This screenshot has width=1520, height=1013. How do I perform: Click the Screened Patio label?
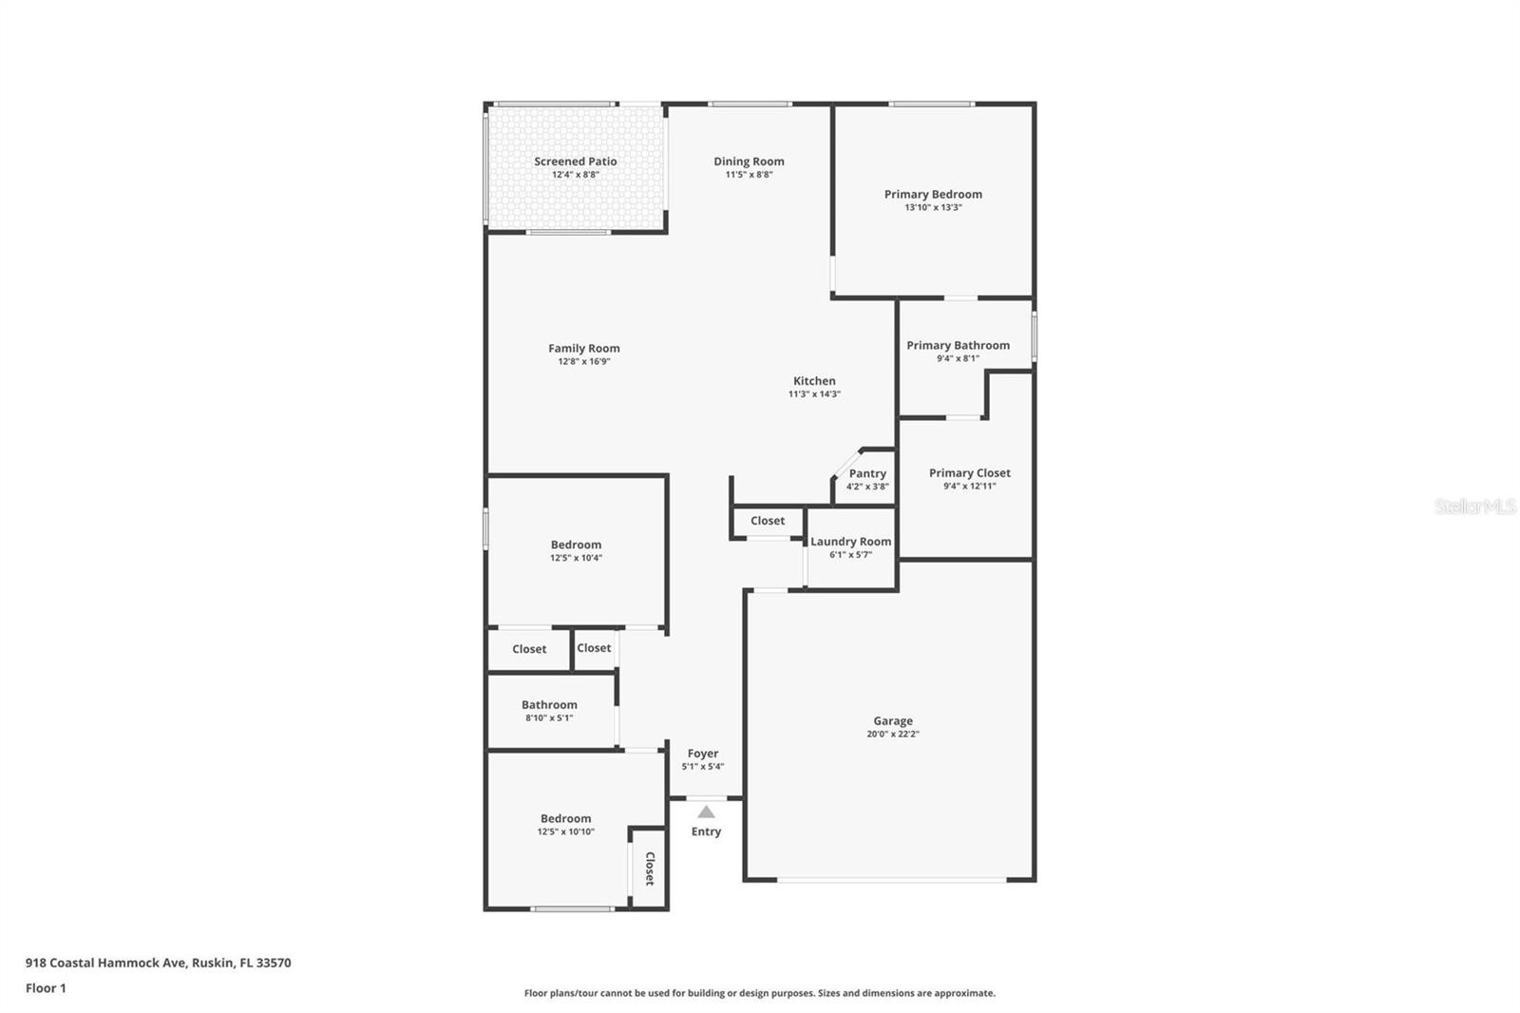point(576,162)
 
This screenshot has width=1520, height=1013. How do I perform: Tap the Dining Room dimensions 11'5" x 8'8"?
point(750,175)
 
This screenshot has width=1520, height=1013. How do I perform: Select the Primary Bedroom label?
point(933,194)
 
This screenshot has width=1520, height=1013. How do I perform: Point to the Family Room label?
point(584,349)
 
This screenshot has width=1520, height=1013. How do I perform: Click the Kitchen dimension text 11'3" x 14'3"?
point(814,393)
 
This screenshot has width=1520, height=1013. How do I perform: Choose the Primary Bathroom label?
point(959,346)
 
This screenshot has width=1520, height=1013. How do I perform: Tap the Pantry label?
point(867,474)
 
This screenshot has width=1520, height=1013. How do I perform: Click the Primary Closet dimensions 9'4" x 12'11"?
point(970,487)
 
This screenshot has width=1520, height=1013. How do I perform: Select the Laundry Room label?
point(851,542)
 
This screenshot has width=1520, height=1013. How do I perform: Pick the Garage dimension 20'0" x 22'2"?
point(893,734)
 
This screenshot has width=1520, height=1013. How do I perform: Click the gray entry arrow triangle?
point(707,812)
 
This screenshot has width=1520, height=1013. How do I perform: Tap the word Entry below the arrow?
point(707,831)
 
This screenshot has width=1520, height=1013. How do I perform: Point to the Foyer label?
point(703,754)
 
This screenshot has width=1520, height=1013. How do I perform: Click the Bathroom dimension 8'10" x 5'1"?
point(550,717)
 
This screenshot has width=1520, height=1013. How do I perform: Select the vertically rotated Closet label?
point(650,869)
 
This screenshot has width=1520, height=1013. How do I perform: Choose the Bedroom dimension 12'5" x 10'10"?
point(566,831)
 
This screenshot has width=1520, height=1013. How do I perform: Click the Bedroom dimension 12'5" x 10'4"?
point(576,558)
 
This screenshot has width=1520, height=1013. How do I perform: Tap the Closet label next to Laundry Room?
point(768,521)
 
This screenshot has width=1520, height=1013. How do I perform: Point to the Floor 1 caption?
point(47,988)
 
